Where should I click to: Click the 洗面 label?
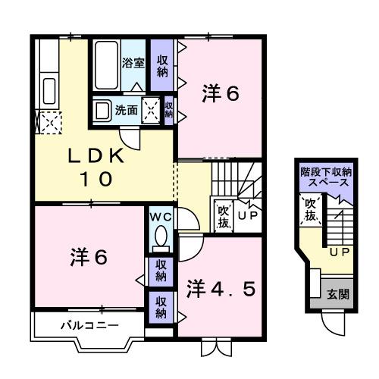[x=126, y=110]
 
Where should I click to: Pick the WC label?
[x=160, y=216]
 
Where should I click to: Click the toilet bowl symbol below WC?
[x=160, y=239]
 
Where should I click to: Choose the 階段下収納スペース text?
[x=324, y=177]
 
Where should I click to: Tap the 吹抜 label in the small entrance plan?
[x=311, y=210]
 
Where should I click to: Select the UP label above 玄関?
[x=338, y=252]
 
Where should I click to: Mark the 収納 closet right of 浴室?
[x=162, y=66]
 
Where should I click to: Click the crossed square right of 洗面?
[x=152, y=110]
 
